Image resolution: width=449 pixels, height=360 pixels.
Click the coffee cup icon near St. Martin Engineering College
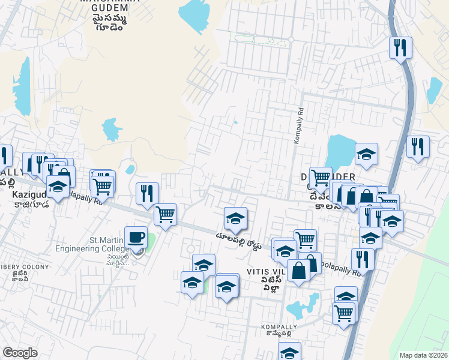click(136, 237)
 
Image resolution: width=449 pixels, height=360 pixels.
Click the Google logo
click(20, 353)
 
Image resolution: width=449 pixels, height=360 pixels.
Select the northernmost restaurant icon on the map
click(401, 47)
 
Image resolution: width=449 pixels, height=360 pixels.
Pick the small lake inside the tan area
click(111, 129)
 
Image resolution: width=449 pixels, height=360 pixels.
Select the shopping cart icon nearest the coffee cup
click(165, 214)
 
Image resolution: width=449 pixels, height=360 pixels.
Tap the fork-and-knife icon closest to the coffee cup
click(147, 193)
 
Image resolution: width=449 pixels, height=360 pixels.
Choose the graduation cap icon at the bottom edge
click(290, 353)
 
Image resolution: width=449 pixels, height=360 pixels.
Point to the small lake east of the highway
click(433, 90)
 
